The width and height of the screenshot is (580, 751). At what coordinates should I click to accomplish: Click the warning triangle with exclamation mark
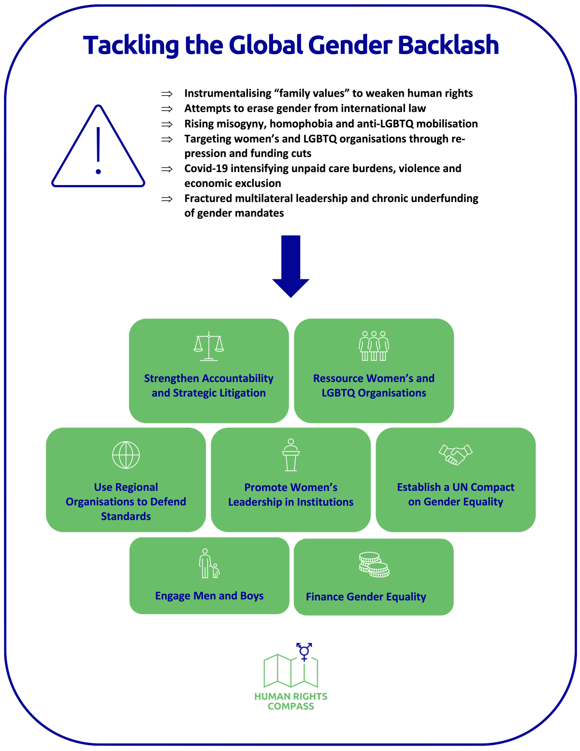(x=98, y=147)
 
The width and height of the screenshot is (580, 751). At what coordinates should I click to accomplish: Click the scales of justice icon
(x=209, y=346)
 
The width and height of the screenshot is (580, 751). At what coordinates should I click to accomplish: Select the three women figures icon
(x=374, y=346)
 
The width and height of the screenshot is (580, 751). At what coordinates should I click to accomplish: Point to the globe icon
(x=126, y=455)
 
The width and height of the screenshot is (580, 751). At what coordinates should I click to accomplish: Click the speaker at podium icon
(x=291, y=455)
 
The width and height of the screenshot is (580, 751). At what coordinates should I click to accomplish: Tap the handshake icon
(x=455, y=455)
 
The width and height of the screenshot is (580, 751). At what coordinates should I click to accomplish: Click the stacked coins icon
(x=374, y=565)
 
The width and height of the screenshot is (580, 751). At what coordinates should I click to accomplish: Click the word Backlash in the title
(x=448, y=45)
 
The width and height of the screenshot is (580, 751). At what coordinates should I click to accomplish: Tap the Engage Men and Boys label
(x=209, y=596)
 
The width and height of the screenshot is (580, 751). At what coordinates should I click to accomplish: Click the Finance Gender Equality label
(x=366, y=597)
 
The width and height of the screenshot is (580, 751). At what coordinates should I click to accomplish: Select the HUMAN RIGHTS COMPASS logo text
(x=291, y=701)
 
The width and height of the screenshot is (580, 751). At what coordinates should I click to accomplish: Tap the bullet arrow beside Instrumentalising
(x=167, y=94)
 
